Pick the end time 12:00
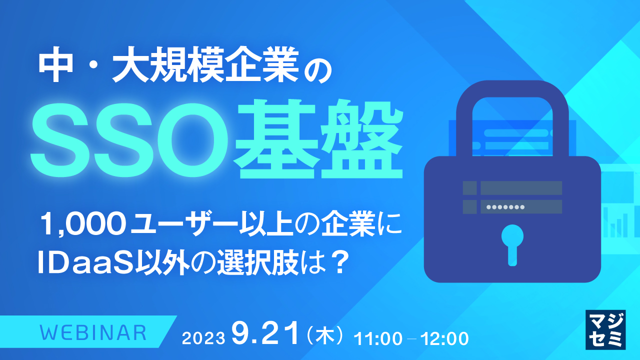point(444,338)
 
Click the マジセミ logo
point(605,328)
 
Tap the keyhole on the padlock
point(512,242)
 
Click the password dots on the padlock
point(505,206)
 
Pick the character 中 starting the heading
point(53,67)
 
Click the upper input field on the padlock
point(520,187)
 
